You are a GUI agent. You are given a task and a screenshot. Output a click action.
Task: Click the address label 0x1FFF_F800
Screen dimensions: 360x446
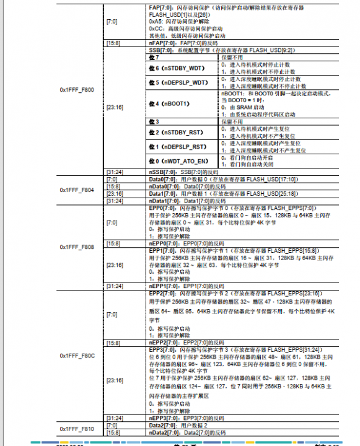tap(77, 90)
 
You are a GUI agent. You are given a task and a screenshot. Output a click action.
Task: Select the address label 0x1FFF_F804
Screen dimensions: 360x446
tap(77, 190)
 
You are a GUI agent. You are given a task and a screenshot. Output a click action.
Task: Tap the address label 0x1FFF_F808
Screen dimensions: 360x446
tap(77, 247)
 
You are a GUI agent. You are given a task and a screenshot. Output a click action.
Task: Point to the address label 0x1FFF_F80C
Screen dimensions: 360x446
tap(77, 356)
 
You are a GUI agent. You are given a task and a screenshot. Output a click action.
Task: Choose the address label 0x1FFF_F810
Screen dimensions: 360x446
tap(77, 429)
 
